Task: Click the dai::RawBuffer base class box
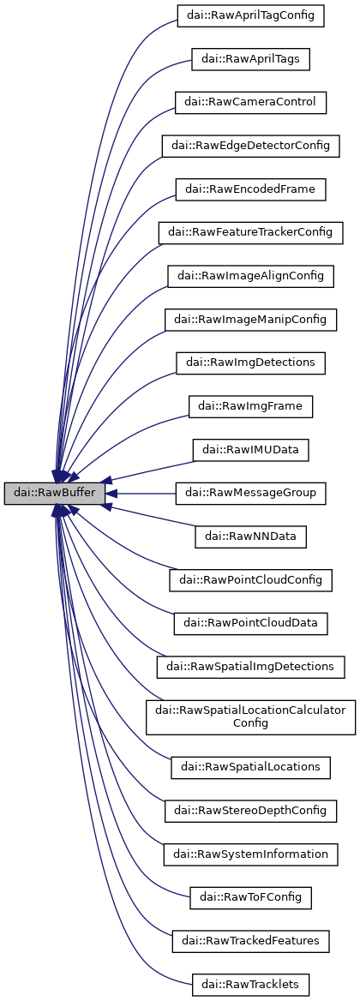pos(55,493)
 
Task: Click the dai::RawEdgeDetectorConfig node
pos(250,145)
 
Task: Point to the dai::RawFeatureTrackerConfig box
pos(250,232)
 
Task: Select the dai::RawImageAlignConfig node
pos(250,276)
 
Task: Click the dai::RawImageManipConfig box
pos(250,319)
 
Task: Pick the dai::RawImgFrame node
pos(250,406)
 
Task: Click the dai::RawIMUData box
pos(250,449)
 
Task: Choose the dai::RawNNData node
pos(250,536)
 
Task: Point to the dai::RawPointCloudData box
pos(250,623)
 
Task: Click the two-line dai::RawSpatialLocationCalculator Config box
pos(250,716)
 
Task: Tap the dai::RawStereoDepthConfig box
pos(250,810)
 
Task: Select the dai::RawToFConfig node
pos(250,897)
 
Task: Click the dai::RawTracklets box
pos(250,984)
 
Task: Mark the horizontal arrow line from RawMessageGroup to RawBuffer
pos(146,493)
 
